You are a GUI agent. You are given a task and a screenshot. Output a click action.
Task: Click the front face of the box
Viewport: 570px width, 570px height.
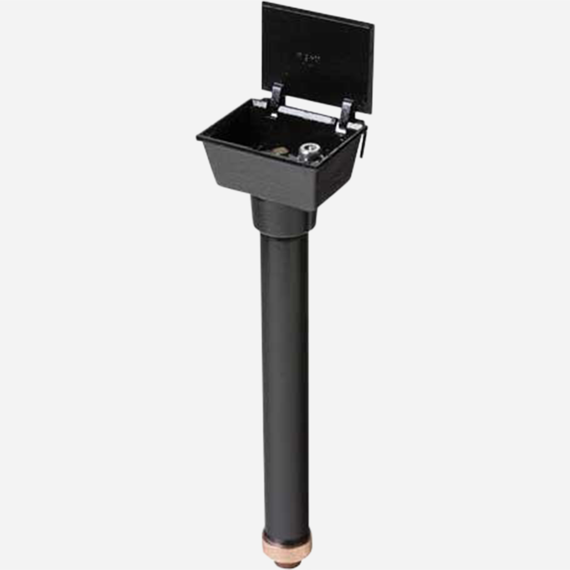258,171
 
